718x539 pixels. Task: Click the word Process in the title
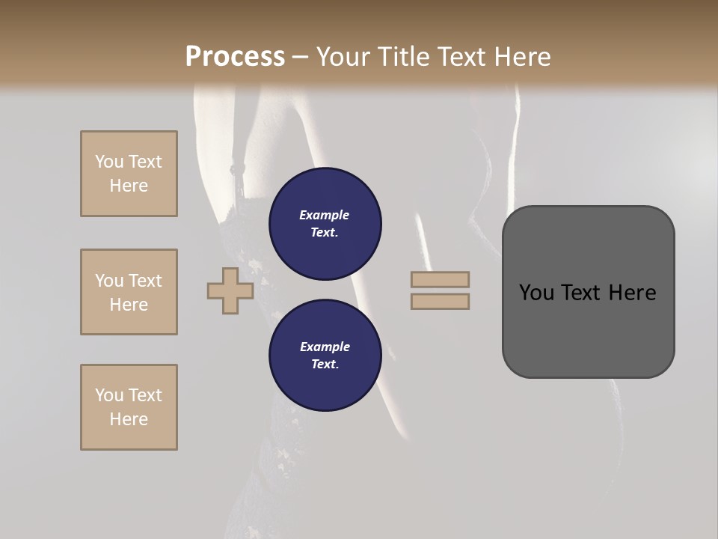[x=235, y=56]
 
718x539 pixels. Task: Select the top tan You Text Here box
[x=129, y=174]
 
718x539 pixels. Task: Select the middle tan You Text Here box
[x=129, y=292]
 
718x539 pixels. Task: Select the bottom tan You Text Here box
[x=129, y=406]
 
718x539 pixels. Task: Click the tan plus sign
[x=230, y=290]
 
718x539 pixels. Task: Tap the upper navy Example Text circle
[x=325, y=224]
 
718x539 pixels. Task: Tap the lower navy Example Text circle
[x=325, y=356]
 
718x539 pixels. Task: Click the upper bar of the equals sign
[x=440, y=279]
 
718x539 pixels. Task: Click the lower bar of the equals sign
[x=440, y=301]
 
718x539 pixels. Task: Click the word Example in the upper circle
[x=325, y=215]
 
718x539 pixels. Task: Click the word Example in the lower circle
[x=325, y=347]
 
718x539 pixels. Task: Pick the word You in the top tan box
[x=109, y=162]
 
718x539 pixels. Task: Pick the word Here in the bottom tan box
[x=129, y=419]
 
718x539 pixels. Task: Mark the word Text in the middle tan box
[x=145, y=281]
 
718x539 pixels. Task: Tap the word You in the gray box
[x=536, y=293]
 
